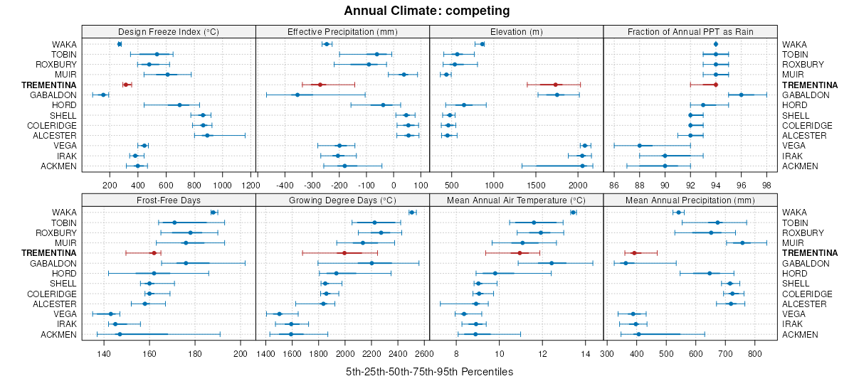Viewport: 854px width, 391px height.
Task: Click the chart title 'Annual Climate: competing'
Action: pyautogui.click(x=427, y=11)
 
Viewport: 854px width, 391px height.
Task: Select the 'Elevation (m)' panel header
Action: pyautogui.click(x=516, y=31)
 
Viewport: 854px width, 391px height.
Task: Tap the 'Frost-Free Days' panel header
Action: pyautogui.click(x=168, y=200)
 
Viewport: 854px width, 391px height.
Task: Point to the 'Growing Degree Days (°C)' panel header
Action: pyautogui.click(x=342, y=200)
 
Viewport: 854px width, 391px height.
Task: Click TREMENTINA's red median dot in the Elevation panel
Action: pyautogui.click(x=556, y=85)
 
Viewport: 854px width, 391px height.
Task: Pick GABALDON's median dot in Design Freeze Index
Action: pyautogui.click(x=103, y=95)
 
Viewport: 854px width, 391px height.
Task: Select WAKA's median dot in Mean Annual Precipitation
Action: pyautogui.click(x=678, y=212)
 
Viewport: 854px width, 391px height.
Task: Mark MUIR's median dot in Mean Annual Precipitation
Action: pyautogui.click(x=742, y=242)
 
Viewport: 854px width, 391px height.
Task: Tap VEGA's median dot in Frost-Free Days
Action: pyautogui.click(x=110, y=314)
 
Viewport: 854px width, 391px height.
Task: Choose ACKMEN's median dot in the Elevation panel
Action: pyautogui.click(x=582, y=166)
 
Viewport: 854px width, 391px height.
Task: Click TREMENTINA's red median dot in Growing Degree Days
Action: pyautogui.click(x=344, y=252)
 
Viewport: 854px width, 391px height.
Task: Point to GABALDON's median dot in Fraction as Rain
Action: pyautogui.click(x=741, y=95)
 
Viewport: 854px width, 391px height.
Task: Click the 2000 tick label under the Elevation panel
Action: pyautogui.click(x=578, y=185)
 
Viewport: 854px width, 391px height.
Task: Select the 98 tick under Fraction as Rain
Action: pyautogui.click(x=766, y=185)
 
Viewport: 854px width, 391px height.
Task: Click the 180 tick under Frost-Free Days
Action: pyautogui.click(x=195, y=353)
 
